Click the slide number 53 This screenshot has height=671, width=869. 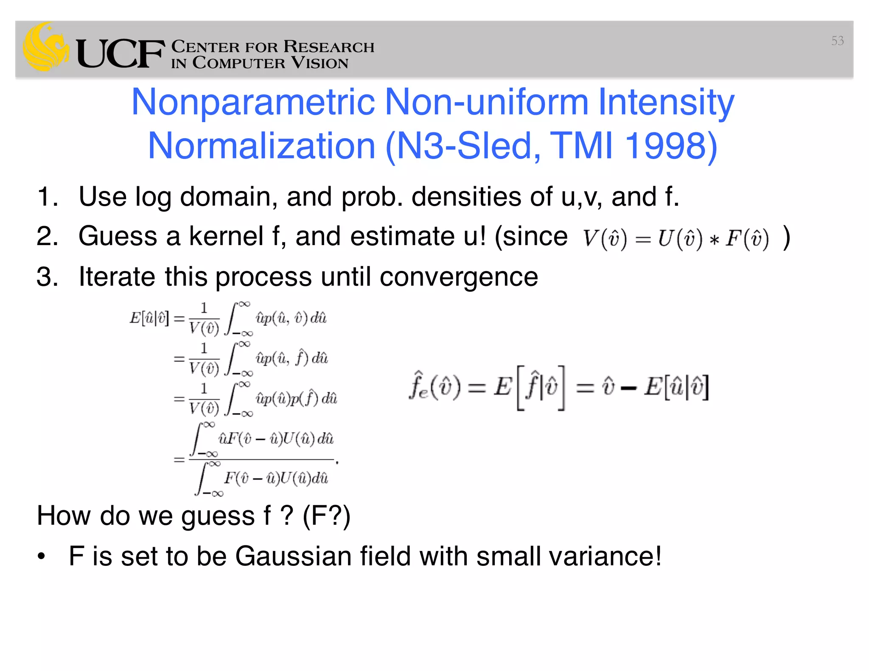837,41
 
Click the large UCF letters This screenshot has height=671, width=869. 120,54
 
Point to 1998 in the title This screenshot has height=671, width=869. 671,146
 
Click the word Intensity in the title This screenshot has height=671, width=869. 666,102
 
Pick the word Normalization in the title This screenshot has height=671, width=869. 261,146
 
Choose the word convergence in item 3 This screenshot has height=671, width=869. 459,277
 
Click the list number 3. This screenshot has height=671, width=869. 47,277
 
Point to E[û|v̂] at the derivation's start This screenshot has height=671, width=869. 149,318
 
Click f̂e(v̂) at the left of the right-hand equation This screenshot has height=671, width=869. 434,386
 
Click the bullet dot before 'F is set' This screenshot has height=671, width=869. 41,556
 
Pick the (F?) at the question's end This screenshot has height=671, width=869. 326,516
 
